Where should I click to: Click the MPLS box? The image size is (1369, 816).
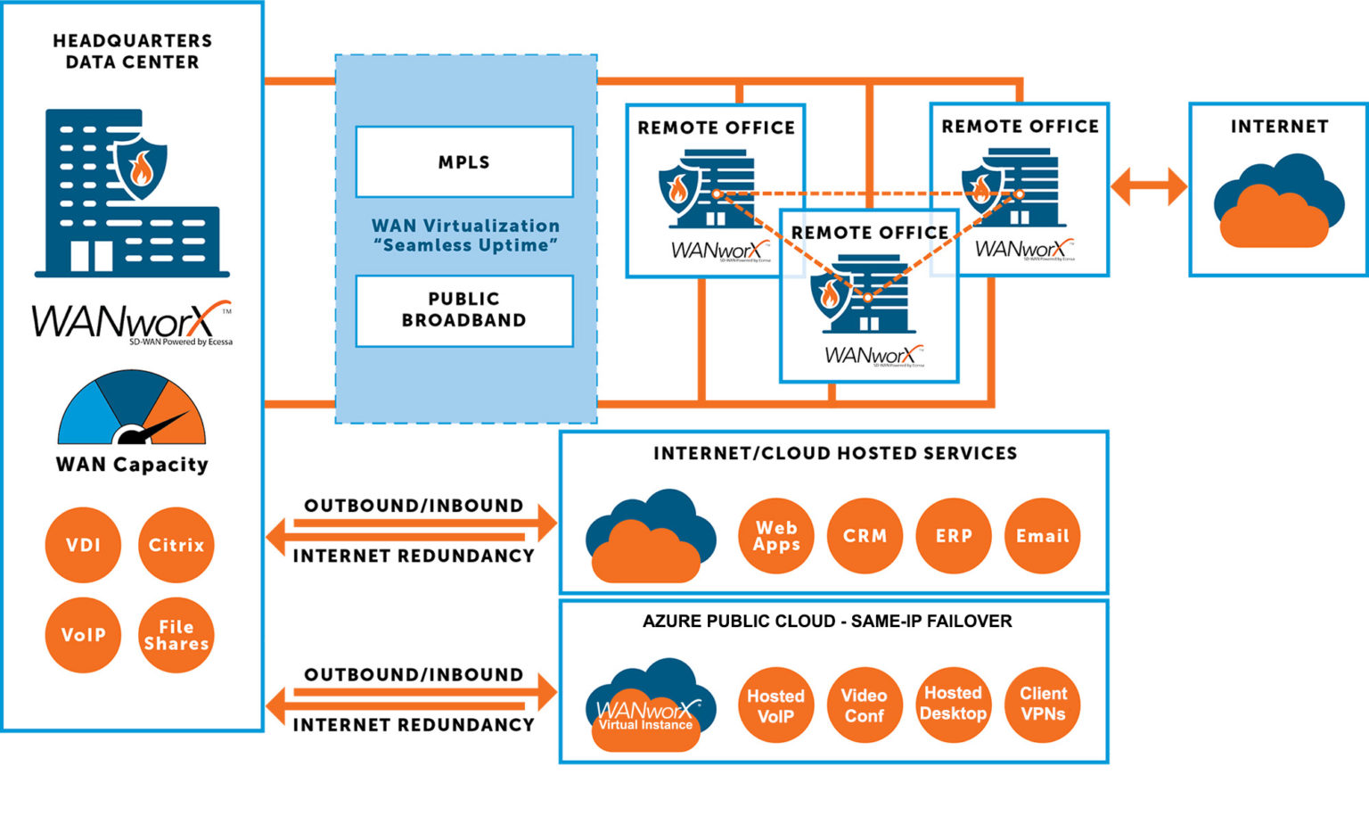pyautogui.click(x=463, y=161)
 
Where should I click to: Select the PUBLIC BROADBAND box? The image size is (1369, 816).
pyautogui.click(x=463, y=310)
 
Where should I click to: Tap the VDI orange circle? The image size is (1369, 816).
pyautogui.click(x=83, y=545)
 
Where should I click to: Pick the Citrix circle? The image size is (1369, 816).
pyautogui.click(x=176, y=545)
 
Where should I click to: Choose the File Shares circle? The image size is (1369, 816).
pyautogui.click(x=176, y=635)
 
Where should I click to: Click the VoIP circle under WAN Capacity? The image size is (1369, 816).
pyautogui.click(x=83, y=635)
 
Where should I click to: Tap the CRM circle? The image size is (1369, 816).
pyautogui.click(x=865, y=536)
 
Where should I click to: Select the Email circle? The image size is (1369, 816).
pyautogui.click(x=1042, y=536)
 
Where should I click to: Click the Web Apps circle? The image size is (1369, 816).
pyautogui.click(x=775, y=536)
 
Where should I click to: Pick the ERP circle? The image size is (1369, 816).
pyautogui.click(x=953, y=536)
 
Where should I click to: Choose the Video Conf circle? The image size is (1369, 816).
pyautogui.click(x=864, y=705)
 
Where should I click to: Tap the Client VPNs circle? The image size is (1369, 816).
pyautogui.click(x=1042, y=705)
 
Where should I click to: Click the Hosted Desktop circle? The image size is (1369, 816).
pyautogui.click(x=953, y=705)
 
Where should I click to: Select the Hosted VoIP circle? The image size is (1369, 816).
pyautogui.click(x=775, y=705)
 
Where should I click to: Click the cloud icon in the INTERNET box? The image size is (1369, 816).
pyautogui.click(x=1278, y=202)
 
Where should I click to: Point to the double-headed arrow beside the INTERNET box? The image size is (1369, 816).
pyautogui.click(x=1149, y=187)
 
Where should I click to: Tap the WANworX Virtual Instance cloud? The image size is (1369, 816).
pyautogui.click(x=648, y=709)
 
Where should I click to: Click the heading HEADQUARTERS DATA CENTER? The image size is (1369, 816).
pyautogui.click(x=132, y=52)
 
